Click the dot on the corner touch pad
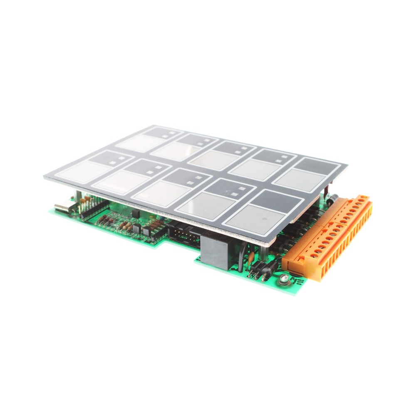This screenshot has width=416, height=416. tap(265, 218)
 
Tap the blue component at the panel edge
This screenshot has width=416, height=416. tap(158, 217)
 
